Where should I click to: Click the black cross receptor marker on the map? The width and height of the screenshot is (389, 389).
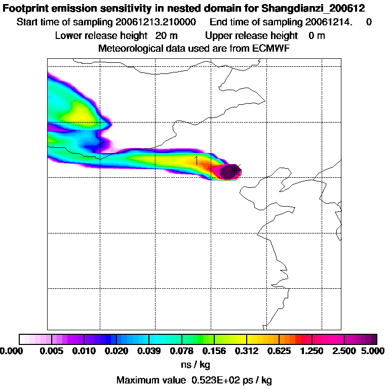tap(233, 171)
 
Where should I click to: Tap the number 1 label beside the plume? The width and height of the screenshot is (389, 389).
tap(196, 161)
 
